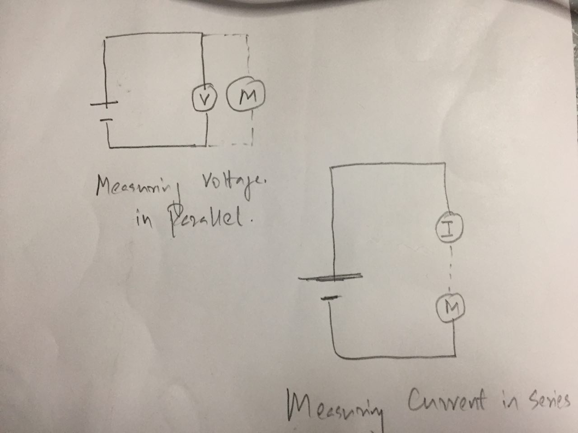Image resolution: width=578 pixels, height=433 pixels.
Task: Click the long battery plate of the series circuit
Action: [x=330, y=277]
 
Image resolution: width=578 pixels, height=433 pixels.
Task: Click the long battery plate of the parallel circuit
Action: [x=105, y=104]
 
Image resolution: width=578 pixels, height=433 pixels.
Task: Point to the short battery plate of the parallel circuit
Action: [x=106, y=120]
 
